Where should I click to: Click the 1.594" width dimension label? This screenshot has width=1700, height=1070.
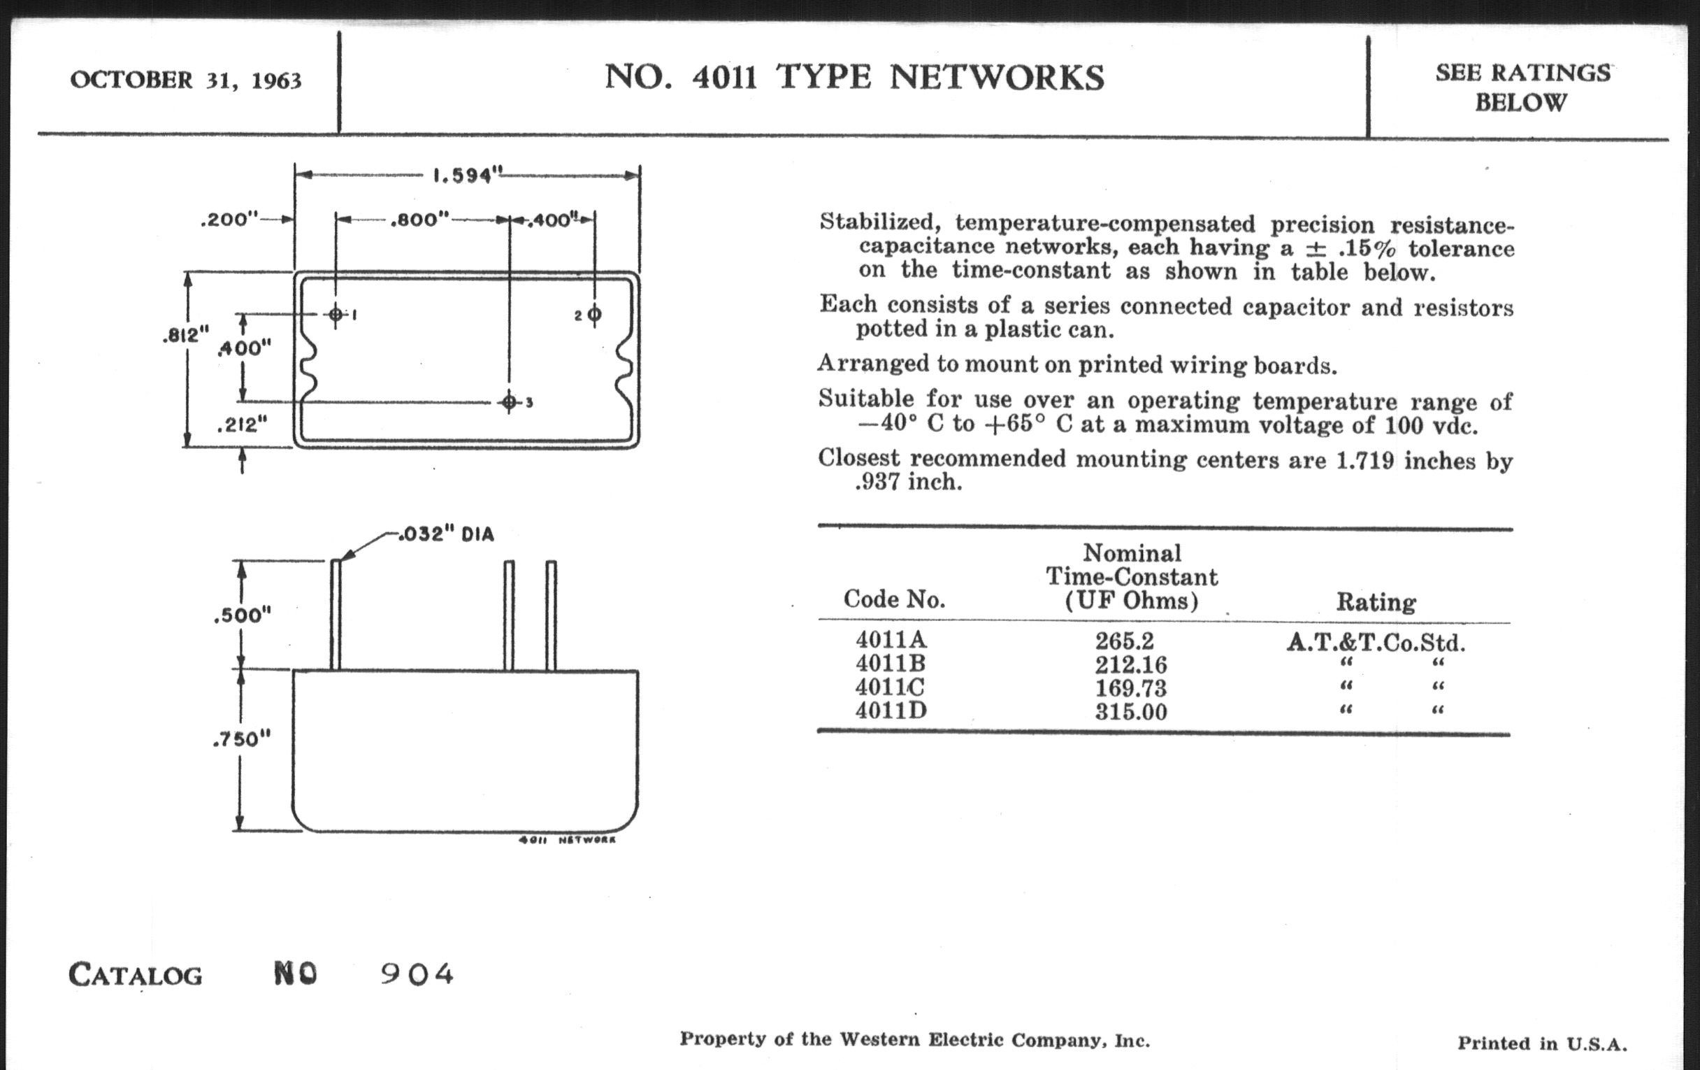pos(466,174)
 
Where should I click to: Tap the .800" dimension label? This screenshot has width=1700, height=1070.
pos(419,220)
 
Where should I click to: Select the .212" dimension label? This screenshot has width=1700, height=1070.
pos(243,425)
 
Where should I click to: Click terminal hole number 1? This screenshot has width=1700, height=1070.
pos(336,314)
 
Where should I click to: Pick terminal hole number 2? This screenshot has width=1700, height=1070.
pos(594,314)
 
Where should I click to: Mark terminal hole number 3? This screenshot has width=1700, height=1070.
pos(509,403)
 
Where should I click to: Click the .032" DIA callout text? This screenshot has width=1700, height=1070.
pos(446,534)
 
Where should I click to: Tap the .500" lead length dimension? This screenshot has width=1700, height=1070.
pos(242,615)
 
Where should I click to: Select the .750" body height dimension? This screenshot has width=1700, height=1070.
pos(242,739)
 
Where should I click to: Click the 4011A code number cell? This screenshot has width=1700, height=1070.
pos(891,640)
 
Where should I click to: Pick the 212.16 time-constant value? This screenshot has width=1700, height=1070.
pos(1131,664)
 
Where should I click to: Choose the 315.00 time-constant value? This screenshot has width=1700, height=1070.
pos(1131,711)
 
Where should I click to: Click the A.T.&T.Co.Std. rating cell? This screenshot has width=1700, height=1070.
pos(1375,643)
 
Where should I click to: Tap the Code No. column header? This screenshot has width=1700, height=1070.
pos(894,599)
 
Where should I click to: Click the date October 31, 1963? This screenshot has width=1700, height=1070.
pos(186,80)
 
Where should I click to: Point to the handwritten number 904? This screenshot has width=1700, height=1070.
pos(417,975)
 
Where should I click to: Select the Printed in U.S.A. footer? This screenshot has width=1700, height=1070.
pos(1542,1043)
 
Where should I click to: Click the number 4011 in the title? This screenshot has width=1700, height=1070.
pos(724,78)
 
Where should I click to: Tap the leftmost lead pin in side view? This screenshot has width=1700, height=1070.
pos(336,615)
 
